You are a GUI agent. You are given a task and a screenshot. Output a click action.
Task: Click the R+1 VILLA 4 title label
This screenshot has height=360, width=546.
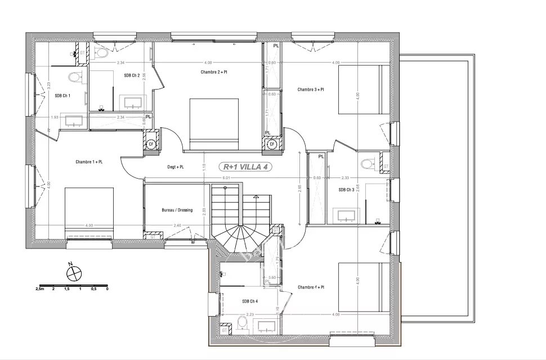coord(247,167)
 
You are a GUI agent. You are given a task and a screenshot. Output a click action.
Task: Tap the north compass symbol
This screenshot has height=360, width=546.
coord(73,273)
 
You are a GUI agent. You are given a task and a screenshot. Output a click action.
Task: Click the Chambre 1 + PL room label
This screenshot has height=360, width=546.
coord(89,162)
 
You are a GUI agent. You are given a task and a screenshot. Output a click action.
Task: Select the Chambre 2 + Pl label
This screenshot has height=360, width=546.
coord(214,72)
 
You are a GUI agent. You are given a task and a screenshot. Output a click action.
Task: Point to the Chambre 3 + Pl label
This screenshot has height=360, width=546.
coord(311,89)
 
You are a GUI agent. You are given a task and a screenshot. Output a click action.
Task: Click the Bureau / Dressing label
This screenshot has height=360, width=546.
coord(177,210)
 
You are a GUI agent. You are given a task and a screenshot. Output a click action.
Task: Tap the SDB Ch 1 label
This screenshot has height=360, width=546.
coord(62,96)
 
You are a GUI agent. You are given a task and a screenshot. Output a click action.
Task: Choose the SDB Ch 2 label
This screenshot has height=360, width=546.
coord(132,75)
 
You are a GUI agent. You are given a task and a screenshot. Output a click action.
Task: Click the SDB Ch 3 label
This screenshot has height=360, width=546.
coord(347,190)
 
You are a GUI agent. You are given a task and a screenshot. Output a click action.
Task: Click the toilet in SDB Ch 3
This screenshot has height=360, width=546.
coord(369,164)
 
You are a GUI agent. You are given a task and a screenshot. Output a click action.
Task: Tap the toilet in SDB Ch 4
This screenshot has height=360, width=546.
coord(241,323)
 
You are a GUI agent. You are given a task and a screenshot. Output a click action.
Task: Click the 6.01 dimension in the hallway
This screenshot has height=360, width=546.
coord(226,178)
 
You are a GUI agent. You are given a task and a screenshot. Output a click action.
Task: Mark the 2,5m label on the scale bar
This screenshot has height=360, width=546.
coord(39,288)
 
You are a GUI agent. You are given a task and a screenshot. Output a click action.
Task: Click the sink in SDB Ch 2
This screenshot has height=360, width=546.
coord(133,103)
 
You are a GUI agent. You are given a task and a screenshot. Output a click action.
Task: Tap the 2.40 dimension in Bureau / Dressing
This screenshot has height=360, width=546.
coord(177,226)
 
